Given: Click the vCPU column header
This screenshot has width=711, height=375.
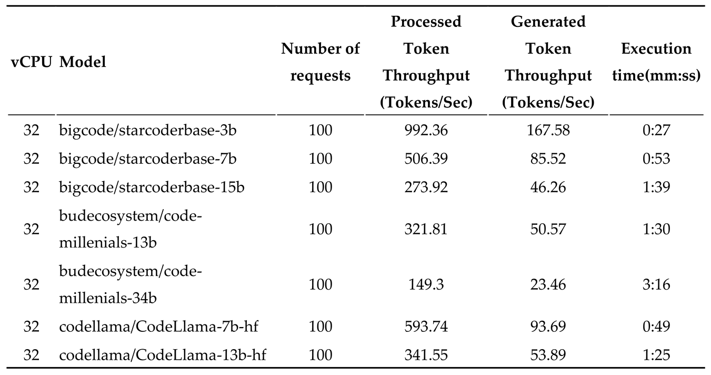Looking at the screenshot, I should pos(31,62).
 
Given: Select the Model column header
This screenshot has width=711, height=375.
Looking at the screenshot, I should pos(83,62).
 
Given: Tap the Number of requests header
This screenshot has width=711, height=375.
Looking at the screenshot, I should pos(321,62).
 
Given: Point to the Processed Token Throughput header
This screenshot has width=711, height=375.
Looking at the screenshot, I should pos(426,62).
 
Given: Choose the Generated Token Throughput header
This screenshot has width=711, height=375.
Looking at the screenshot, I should pos(548,62).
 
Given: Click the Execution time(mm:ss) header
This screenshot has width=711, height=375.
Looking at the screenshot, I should pos(656,62).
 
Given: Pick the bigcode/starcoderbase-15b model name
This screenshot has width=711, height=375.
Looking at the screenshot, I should pos(152,187).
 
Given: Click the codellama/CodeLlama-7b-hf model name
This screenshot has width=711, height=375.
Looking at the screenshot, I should pos(158,327).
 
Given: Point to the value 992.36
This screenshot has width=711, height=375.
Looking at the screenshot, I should pos(426,130).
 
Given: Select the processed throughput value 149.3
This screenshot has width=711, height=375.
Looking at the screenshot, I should pos(426,284).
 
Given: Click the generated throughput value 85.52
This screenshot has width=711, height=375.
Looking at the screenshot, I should pos(548,159).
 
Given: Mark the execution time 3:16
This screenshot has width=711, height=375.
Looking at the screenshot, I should pos(656,284).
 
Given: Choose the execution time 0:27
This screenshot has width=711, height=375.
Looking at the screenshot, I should pos(656,130).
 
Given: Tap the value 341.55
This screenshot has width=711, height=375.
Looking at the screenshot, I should pos(426,355).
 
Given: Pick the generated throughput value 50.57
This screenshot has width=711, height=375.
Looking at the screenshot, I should pos(548,229).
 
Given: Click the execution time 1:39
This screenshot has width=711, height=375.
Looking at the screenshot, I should pos(656,187).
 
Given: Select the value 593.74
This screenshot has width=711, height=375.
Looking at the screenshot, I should pos(426,327).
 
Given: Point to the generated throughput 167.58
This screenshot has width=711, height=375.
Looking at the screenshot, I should pos(548,130).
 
